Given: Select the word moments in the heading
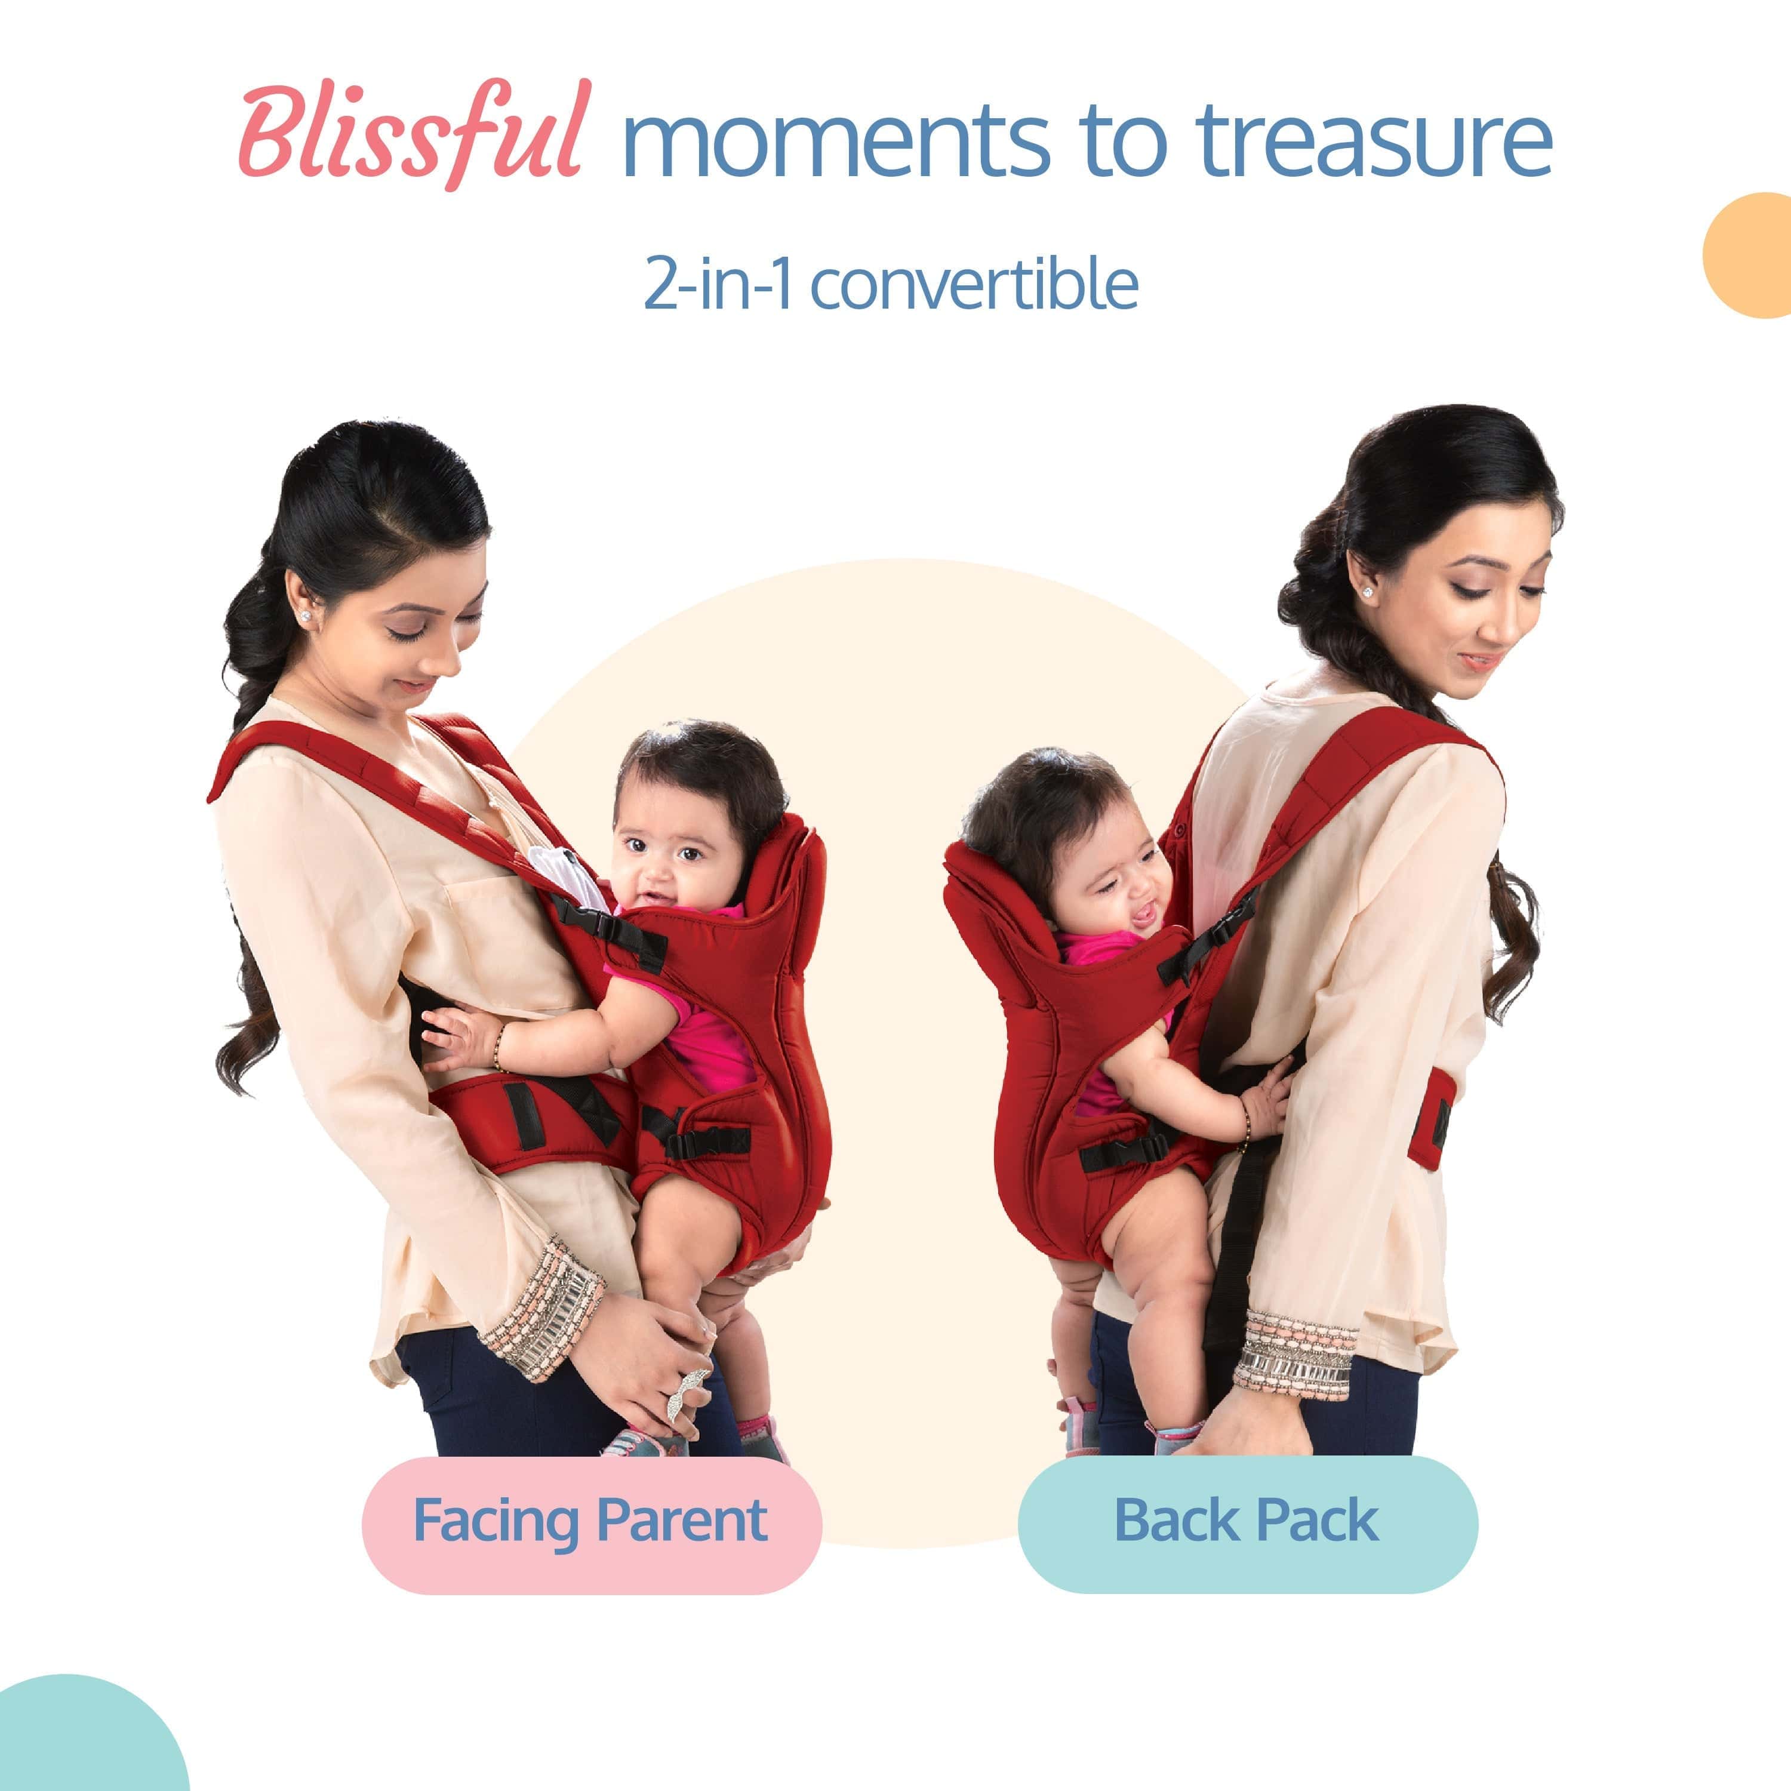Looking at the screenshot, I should pyautogui.click(x=835, y=144).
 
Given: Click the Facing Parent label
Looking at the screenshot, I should pyautogui.click(x=590, y=1521).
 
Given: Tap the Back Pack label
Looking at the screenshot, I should pyautogui.click(x=1247, y=1521).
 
